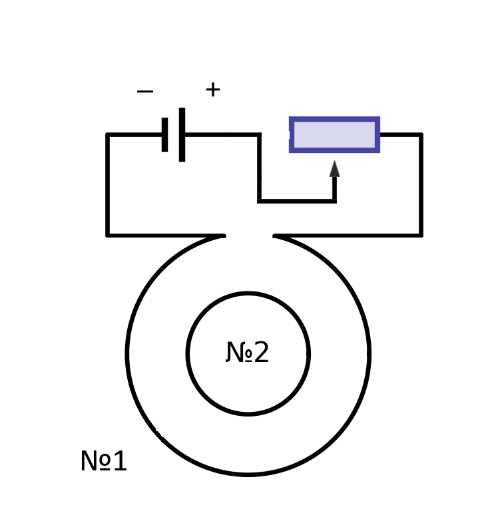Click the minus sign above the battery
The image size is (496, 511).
(144, 91)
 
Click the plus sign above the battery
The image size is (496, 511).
(213, 89)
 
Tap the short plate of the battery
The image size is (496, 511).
(164, 134)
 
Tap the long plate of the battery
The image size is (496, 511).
(182, 134)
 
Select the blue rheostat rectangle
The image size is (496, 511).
(335, 134)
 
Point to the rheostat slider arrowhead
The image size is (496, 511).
(335, 168)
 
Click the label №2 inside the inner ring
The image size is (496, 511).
(248, 352)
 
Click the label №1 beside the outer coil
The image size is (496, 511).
(103, 460)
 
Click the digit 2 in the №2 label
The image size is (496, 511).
(262, 351)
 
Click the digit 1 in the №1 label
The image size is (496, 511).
(121, 460)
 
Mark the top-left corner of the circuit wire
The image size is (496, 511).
(108, 134)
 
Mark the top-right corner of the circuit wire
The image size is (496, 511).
(421, 134)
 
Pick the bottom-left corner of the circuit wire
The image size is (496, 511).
(108, 236)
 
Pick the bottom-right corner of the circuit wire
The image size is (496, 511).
(421, 236)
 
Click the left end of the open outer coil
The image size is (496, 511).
(224, 236)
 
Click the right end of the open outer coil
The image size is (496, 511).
(274, 236)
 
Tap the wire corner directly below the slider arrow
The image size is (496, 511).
(335, 202)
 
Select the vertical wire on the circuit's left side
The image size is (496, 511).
(108, 185)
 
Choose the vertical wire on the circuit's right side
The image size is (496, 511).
(421, 185)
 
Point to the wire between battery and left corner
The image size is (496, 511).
(134, 134)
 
